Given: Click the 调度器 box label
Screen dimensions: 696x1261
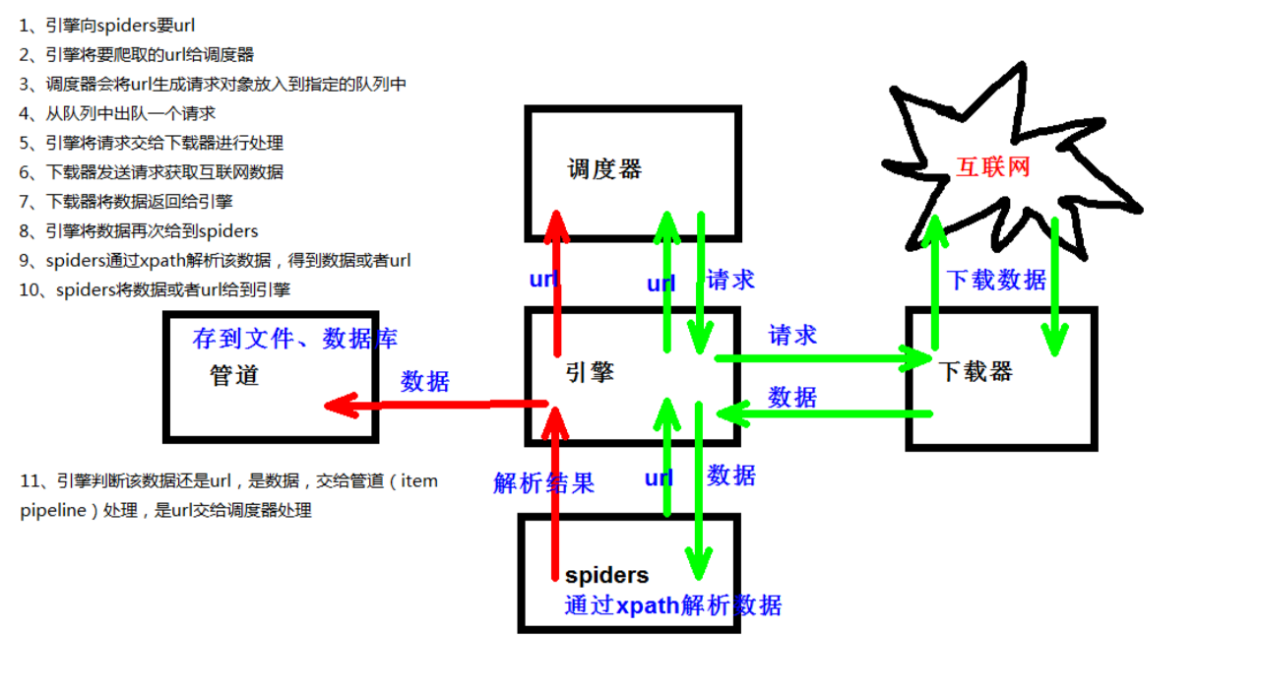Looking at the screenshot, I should point(604,169).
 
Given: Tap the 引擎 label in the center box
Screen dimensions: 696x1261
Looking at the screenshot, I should point(590,371).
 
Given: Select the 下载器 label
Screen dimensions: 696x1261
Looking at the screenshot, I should point(975,371).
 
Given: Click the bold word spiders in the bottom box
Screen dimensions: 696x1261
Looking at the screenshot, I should point(606,575).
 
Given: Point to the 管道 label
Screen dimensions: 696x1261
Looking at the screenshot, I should point(234,375).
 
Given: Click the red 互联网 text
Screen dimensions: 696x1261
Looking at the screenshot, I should point(992,166).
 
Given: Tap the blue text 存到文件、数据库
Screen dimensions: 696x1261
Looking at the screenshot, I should point(295,339).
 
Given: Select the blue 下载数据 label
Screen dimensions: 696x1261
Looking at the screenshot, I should point(995,280).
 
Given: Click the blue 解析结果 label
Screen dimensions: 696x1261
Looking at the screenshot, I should point(544,482).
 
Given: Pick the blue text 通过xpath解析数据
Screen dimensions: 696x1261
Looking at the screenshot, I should point(673,605).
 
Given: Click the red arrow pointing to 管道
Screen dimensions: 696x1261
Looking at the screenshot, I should point(433,404).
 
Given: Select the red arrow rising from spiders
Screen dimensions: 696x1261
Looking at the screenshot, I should point(556,492).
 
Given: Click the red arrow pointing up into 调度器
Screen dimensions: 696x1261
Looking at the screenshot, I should point(557,285).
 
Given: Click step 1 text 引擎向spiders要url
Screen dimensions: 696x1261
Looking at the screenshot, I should point(113,26).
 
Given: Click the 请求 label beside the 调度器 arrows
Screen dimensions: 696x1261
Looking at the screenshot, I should point(730,280).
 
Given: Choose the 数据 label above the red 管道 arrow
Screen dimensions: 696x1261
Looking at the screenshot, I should point(424,381).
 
